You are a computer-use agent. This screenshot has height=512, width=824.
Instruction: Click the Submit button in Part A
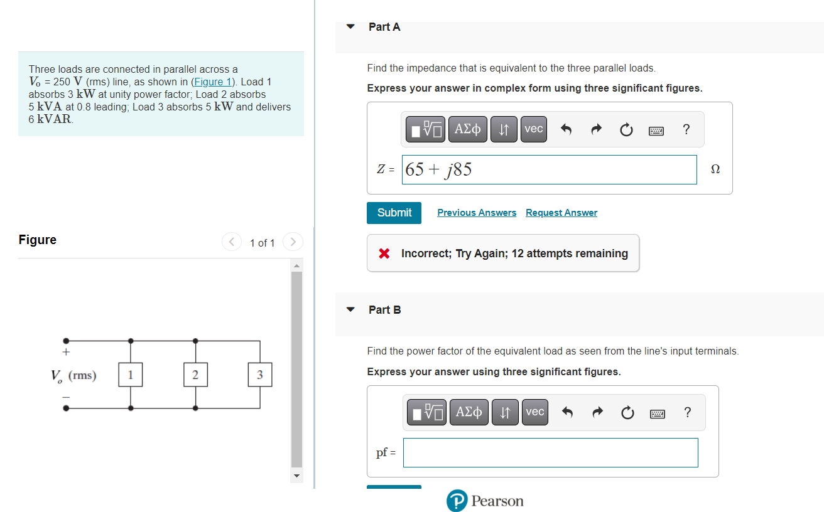[394, 213]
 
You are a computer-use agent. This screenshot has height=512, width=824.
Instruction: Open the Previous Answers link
[477, 213]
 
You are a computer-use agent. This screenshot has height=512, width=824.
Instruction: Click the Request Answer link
[561, 213]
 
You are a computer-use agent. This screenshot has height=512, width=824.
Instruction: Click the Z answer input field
[549, 169]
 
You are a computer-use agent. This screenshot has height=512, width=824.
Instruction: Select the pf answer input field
[550, 452]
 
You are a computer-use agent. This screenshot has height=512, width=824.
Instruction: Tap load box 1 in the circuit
[130, 375]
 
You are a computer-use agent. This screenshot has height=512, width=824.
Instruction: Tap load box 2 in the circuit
[195, 375]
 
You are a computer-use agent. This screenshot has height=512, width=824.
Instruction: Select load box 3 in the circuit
[260, 375]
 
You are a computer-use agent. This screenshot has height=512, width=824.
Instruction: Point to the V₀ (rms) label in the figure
[73, 375]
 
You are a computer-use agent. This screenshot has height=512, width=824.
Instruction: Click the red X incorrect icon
[384, 253]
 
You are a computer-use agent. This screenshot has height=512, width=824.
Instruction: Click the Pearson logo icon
[457, 501]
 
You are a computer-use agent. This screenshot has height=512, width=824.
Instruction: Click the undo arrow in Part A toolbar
[566, 129]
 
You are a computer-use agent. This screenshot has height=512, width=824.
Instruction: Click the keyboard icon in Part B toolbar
[657, 412]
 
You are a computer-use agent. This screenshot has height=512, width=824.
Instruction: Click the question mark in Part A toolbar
[686, 129]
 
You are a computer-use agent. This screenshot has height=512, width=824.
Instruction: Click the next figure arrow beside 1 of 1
[293, 242]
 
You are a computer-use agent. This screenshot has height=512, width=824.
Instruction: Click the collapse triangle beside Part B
[351, 310]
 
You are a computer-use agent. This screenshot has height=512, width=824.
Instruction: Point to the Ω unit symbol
[715, 169]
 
